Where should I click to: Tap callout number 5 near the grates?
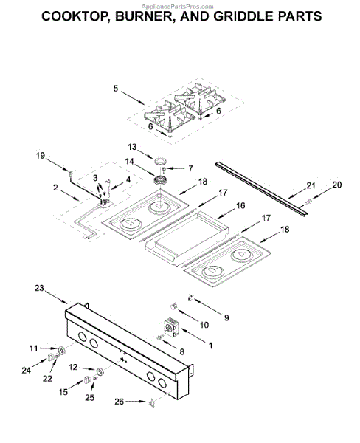coord(116,89)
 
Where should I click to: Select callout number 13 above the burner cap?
coord(132,147)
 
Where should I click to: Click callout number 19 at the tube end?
coord(41,155)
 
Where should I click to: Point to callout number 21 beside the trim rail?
coord(311,185)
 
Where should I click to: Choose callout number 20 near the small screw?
coord(336,185)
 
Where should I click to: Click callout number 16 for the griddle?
coord(240,205)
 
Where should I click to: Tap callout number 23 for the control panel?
coord(40,288)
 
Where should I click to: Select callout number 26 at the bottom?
coord(120,402)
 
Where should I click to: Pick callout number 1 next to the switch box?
coord(210,346)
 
